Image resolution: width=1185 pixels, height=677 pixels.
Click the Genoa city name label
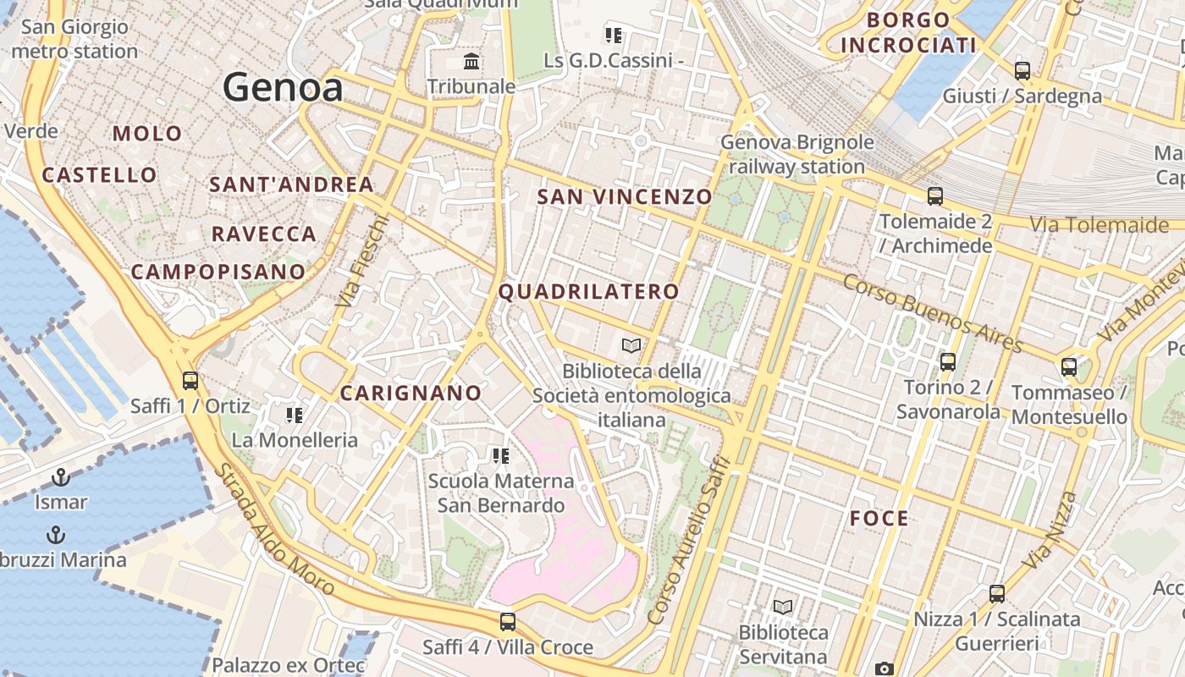click(283, 87)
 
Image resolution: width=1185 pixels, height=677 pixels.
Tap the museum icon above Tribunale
click(471, 62)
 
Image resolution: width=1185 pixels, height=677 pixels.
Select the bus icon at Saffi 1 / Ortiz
click(190, 381)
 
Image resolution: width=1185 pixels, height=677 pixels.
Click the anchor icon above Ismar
click(60, 478)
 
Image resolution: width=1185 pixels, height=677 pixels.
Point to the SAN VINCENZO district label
click(625, 197)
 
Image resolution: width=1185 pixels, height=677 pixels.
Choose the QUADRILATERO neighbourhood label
click(588, 292)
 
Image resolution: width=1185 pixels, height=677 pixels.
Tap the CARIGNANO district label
click(411, 393)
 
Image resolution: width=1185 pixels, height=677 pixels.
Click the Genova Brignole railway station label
click(796, 154)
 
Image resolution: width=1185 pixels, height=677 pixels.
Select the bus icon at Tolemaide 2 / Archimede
click(935, 196)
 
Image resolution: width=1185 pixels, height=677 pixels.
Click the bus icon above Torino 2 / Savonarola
click(948, 362)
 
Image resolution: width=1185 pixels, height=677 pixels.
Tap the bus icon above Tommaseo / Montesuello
click(1069, 367)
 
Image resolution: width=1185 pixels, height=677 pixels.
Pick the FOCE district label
click(879, 519)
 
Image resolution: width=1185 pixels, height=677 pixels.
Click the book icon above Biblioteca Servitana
click(783, 608)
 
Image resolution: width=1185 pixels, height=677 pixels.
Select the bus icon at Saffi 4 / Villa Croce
click(508, 622)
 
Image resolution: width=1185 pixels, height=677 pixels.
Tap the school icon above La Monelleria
click(295, 416)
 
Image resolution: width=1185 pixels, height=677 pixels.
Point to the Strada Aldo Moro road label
click(276, 530)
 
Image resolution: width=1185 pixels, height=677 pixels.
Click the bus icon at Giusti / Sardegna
click(1022, 71)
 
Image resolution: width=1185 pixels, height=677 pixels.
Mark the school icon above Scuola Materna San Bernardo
click(500, 457)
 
